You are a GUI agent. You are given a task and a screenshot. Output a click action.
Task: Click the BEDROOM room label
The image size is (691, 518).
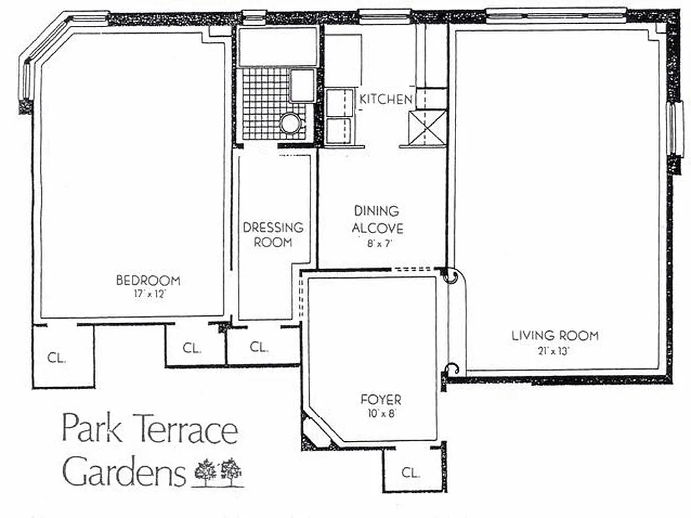(148, 280)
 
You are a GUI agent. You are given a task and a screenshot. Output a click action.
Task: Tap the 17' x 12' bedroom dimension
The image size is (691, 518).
(148, 293)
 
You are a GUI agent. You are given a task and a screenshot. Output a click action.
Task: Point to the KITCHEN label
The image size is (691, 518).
(386, 99)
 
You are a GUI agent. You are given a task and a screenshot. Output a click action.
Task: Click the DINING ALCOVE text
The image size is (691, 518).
(378, 220)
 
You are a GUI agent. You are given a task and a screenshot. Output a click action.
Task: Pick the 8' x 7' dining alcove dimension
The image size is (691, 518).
(378, 244)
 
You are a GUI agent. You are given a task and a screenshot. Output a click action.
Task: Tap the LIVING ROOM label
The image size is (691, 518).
(555, 335)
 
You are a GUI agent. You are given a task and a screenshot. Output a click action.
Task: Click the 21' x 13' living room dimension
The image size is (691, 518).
(555, 351)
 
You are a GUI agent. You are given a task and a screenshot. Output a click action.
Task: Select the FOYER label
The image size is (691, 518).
(381, 400)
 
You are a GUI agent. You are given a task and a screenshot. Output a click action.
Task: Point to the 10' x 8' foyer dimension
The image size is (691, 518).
(381, 414)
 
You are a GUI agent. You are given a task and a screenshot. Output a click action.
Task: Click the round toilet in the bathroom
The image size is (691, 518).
(291, 122)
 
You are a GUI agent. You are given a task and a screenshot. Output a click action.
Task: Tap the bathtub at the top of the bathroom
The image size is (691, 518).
(278, 46)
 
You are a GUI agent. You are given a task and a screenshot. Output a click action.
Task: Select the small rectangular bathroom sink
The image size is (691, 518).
(302, 85)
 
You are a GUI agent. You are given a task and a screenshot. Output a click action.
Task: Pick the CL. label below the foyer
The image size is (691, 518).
(410, 472)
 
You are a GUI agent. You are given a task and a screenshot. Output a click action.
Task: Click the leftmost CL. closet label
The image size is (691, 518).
(56, 357)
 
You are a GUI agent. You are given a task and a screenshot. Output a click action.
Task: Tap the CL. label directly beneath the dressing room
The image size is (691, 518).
(259, 347)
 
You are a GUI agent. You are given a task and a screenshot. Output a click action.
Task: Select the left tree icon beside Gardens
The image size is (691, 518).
(206, 471)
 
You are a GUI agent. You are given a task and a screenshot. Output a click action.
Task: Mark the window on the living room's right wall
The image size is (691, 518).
(676, 128)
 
